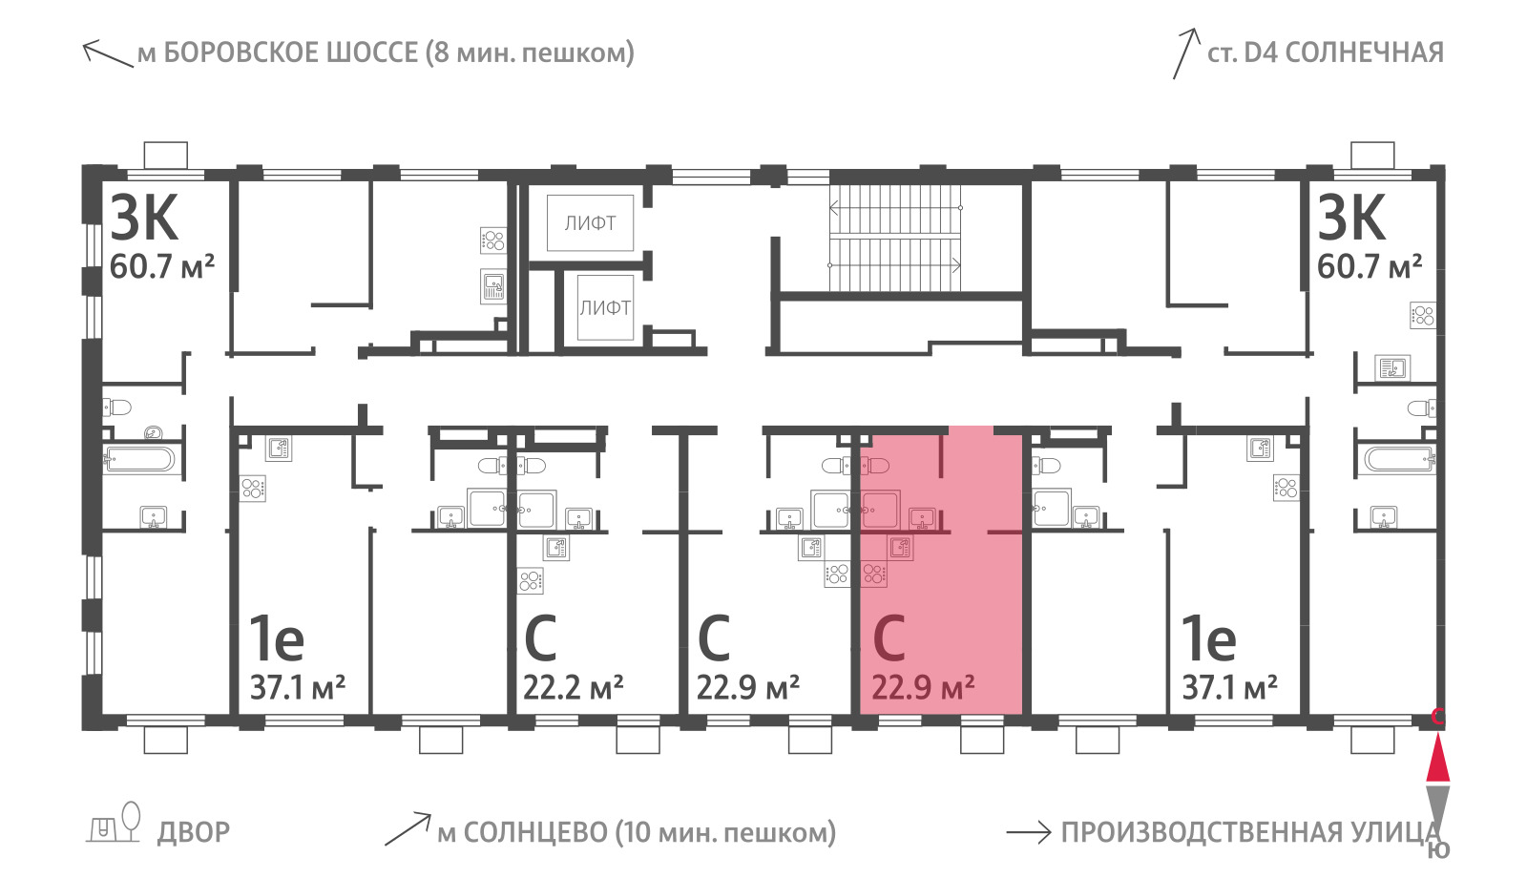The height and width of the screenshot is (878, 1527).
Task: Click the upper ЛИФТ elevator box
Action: point(591,222)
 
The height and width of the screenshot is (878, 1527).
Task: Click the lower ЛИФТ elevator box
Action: point(605,307)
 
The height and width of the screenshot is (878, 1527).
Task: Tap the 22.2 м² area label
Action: point(573,687)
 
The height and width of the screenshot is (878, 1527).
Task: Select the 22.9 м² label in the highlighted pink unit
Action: point(922,687)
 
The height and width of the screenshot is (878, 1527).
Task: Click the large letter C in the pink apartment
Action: point(889,638)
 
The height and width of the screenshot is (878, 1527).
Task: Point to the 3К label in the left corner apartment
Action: point(144,218)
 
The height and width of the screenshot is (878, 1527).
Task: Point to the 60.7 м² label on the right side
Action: point(1370,266)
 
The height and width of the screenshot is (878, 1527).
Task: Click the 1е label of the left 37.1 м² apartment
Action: point(276,638)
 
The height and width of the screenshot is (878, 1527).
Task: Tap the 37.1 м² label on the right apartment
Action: point(1229,687)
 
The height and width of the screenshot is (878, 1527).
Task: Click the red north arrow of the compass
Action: point(1437,758)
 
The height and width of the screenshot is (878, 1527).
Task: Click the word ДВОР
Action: point(194,832)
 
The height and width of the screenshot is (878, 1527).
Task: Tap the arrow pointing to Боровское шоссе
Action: point(108,53)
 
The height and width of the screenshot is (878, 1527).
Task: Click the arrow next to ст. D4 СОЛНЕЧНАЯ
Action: point(1186,53)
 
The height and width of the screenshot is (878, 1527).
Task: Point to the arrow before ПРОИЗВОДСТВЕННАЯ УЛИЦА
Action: point(1029,832)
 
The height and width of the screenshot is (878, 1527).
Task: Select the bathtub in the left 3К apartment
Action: point(139,459)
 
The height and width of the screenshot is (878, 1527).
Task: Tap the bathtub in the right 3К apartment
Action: point(1399,459)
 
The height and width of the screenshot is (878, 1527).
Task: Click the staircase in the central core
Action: point(895,237)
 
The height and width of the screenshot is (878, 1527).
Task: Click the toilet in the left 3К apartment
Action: point(116,408)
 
